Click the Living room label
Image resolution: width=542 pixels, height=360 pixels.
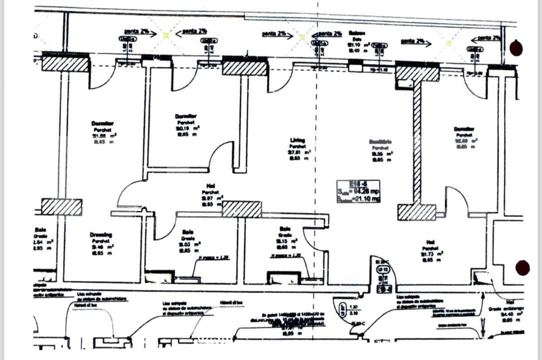point(298,140)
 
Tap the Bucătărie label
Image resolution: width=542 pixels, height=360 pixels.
point(380,142)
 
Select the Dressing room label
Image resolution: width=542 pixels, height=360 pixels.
point(101,234)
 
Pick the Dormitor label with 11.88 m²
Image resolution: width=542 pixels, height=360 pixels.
point(103,123)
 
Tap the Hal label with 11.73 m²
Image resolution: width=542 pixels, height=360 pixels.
point(430,241)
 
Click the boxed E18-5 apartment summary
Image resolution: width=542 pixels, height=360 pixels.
point(358,191)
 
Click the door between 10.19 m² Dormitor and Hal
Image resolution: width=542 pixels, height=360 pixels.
point(221,156)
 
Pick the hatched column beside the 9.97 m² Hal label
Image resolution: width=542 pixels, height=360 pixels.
point(242,209)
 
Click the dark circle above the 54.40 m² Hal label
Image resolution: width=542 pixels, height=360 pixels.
point(523,268)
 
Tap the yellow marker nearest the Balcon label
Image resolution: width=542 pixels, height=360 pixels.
point(301,36)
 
